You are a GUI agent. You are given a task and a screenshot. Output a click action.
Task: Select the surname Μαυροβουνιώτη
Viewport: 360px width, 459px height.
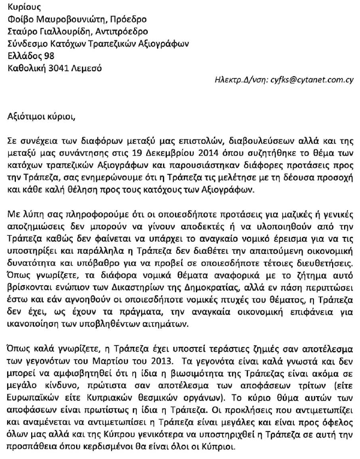73,20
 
